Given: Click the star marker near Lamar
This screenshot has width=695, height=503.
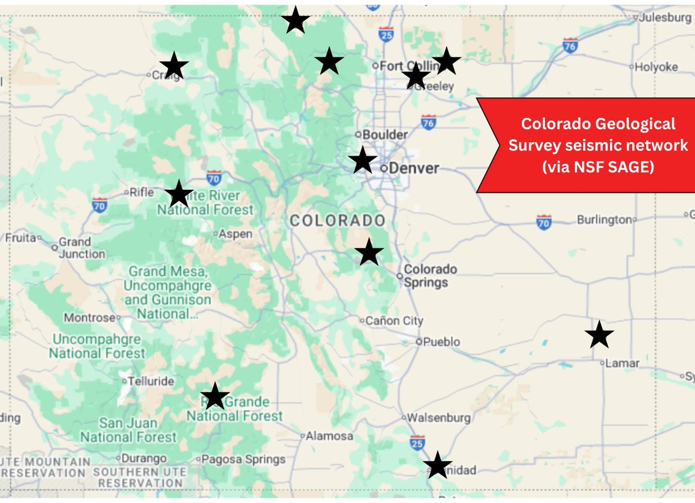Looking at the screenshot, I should pos(599,335).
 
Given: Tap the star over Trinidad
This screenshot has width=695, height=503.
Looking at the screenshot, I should pos(437,465).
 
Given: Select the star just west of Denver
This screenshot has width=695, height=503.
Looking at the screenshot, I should pos(363,160).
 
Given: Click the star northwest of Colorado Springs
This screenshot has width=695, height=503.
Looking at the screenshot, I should pos(368,252).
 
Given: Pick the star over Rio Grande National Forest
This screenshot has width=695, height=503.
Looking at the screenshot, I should pos(215,396).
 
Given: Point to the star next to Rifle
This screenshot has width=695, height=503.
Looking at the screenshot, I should pos(178,194).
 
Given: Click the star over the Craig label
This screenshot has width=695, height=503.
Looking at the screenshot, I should pos(174,66).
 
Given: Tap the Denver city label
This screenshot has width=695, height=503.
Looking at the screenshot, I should pos(414,168).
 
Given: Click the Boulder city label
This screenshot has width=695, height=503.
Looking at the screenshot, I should pos(385,134).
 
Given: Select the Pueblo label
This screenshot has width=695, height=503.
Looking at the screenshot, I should pos(442,342).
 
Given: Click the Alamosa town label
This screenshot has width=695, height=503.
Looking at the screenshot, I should pos(330,436).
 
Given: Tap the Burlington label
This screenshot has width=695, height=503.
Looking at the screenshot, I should pos(604,220).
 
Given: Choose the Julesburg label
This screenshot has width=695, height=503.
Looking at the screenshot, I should pos(665,18).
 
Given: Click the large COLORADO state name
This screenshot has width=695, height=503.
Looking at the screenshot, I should pos(338,221).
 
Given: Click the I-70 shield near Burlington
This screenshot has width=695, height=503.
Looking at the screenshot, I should pos(543,222).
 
